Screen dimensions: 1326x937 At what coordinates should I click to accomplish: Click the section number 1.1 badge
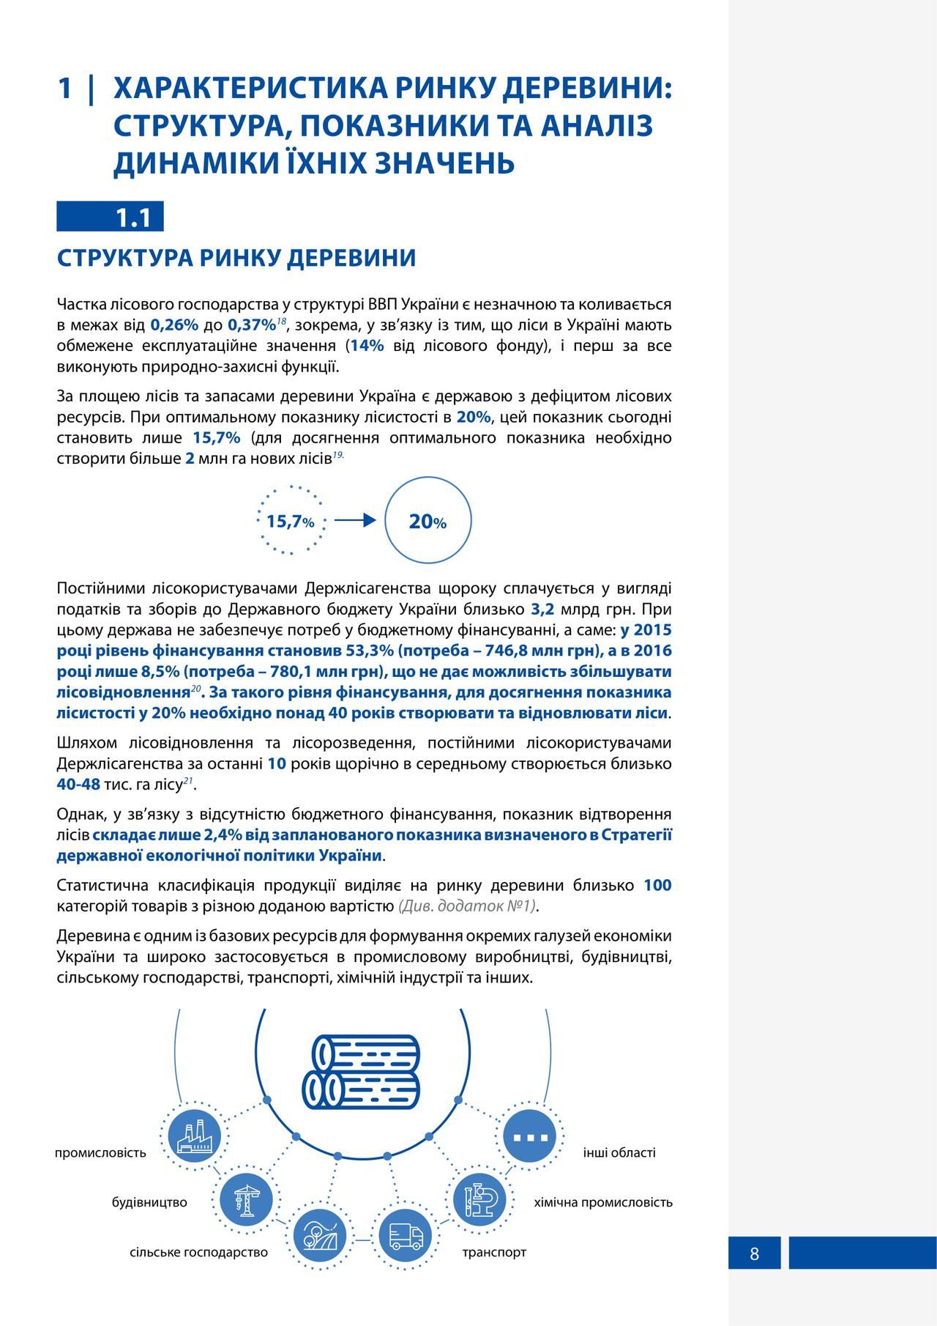click(111, 218)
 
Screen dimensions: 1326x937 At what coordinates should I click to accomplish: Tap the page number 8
click(754, 1253)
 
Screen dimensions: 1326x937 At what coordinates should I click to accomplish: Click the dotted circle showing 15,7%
click(291, 521)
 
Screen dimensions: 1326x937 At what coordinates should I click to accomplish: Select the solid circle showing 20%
click(428, 521)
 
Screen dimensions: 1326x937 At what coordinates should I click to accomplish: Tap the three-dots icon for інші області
click(531, 1137)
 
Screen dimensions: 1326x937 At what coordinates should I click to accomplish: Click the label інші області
click(619, 1152)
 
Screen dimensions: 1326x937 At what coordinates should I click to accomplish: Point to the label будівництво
click(149, 1202)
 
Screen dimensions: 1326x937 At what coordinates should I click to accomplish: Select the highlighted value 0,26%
click(174, 325)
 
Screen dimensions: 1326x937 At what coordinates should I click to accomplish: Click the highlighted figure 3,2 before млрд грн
click(542, 609)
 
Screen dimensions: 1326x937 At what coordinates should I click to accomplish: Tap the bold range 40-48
click(78, 784)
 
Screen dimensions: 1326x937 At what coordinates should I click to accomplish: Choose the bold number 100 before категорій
click(657, 885)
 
